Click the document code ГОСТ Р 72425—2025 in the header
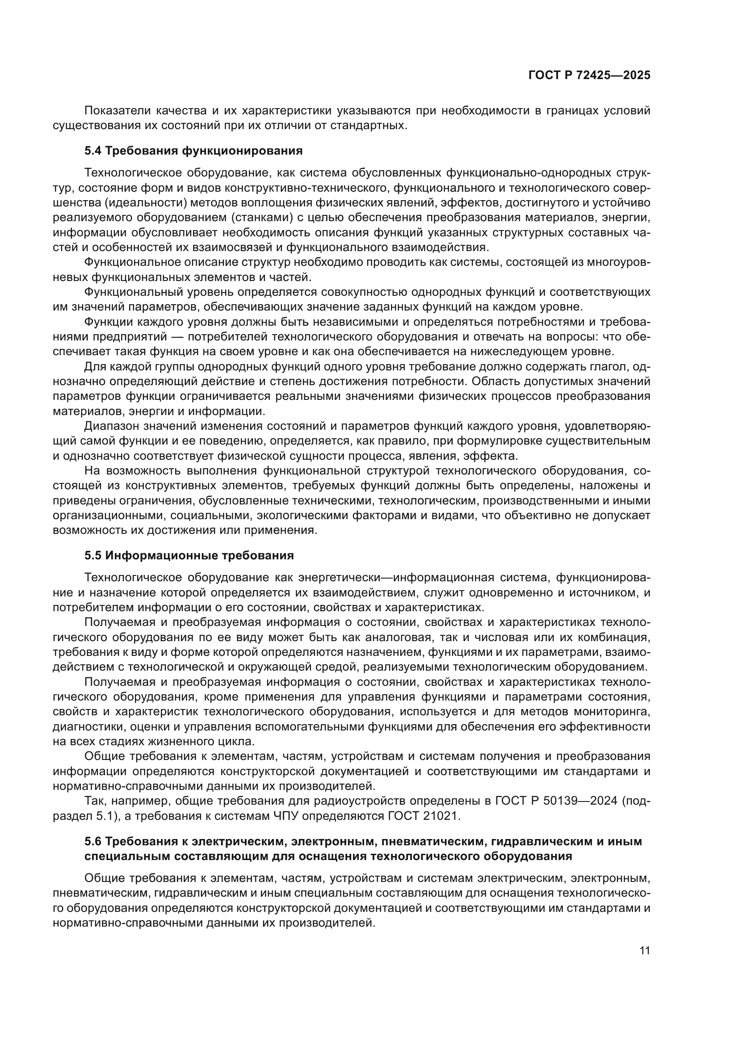pos(589,75)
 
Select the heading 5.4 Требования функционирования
pos(193,151)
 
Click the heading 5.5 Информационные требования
pos(189,556)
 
